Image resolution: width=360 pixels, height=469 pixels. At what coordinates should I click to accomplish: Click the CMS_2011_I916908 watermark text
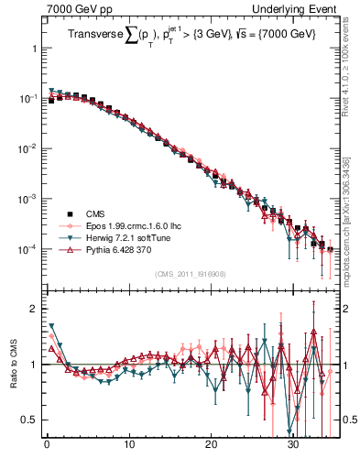187,274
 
